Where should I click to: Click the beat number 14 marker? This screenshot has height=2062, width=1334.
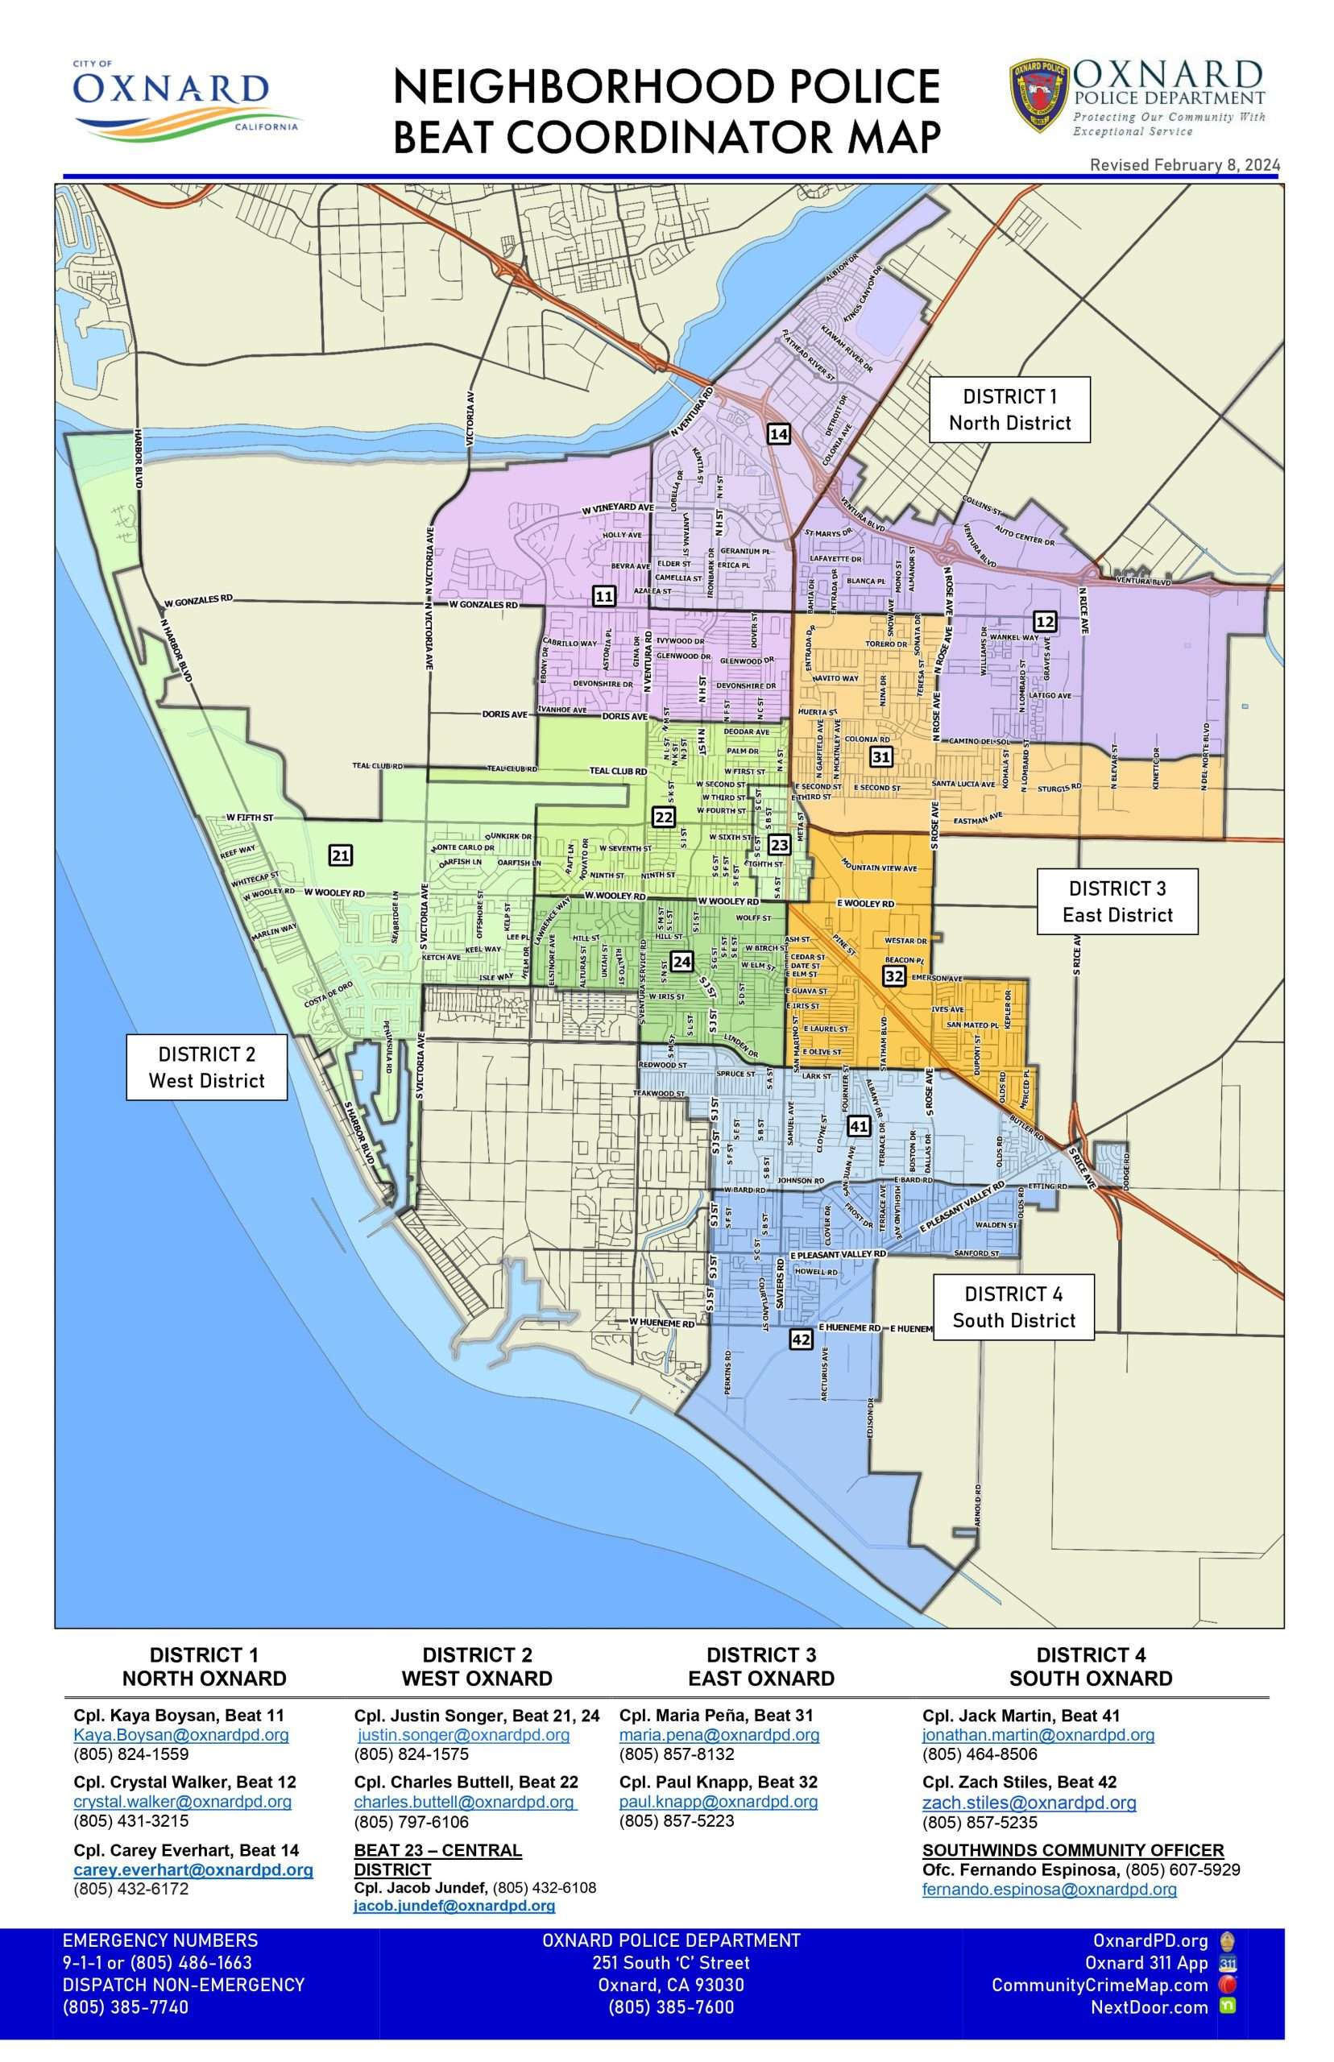point(779,434)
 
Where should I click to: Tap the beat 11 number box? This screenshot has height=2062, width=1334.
point(604,596)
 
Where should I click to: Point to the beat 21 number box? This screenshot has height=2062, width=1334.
point(341,855)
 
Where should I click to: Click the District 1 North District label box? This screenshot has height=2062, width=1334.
point(1009,410)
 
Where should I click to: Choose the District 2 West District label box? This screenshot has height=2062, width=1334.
point(206,1067)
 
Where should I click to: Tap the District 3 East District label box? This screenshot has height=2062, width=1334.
point(1117,901)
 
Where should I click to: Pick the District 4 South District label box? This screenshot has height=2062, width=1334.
point(1013,1306)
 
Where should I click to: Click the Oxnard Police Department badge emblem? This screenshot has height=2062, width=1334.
point(1039,96)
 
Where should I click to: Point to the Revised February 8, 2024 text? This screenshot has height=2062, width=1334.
point(1184,164)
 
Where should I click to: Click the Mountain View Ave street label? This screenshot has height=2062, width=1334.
point(878,867)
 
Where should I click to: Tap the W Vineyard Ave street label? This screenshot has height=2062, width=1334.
point(618,508)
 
